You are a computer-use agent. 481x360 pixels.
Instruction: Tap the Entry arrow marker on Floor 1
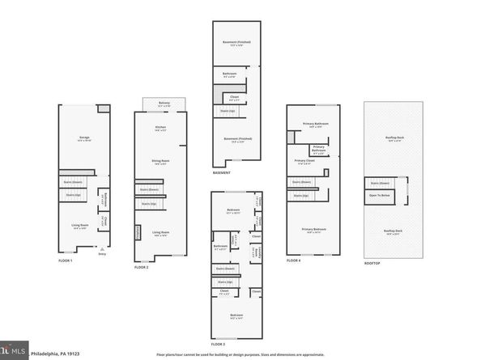click(102, 250)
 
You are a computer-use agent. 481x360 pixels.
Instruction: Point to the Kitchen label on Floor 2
click(160, 129)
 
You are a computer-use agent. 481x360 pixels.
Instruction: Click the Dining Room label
click(160, 162)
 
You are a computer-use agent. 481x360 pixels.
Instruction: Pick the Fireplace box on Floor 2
click(138, 234)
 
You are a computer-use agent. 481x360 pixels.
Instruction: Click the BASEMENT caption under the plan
click(222, 172)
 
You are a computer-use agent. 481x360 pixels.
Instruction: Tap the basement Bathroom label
click(230, 74)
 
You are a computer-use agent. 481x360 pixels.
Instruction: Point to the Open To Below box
click(381, 195)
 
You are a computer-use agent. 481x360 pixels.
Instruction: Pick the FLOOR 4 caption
click(295, 260)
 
